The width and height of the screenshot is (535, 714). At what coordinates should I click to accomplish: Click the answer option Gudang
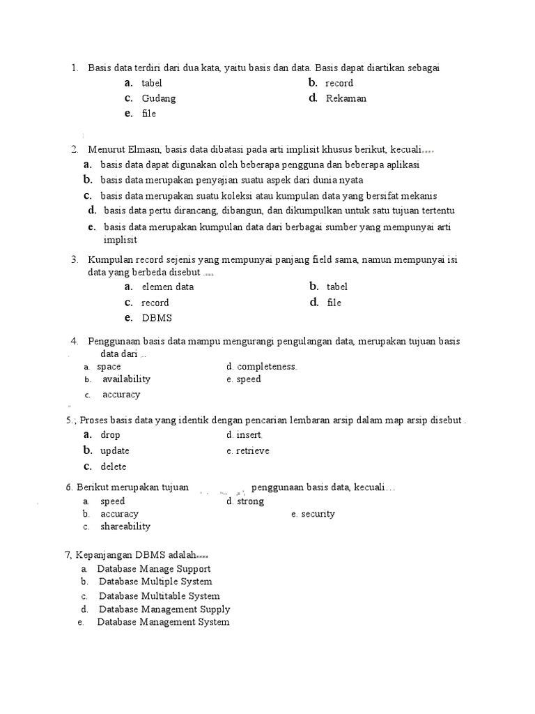[158, 98]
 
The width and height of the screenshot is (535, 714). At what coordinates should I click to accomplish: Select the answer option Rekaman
[346, 98]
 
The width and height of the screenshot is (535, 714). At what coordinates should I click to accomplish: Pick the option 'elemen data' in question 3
[167, 287]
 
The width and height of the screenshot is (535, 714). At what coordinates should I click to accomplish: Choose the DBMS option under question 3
[156, 318]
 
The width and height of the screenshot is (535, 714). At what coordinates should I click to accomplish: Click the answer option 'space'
[109, 366]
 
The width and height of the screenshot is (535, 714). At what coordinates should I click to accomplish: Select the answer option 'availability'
[126, 379]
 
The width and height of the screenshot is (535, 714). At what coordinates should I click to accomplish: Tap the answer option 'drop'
[110, 435]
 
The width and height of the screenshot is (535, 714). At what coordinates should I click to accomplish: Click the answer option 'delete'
[113, 466]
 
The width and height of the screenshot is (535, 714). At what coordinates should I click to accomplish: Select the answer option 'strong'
[250, 501]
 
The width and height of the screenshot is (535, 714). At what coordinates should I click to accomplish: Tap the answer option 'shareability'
[125, 526]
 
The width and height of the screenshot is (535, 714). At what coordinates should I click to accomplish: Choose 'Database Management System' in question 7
[163, 622]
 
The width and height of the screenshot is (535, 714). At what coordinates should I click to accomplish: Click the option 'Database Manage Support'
[153, 569]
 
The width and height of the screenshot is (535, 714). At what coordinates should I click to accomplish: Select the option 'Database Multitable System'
[159, 596]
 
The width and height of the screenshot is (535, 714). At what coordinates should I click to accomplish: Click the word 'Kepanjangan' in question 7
[99, 555]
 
